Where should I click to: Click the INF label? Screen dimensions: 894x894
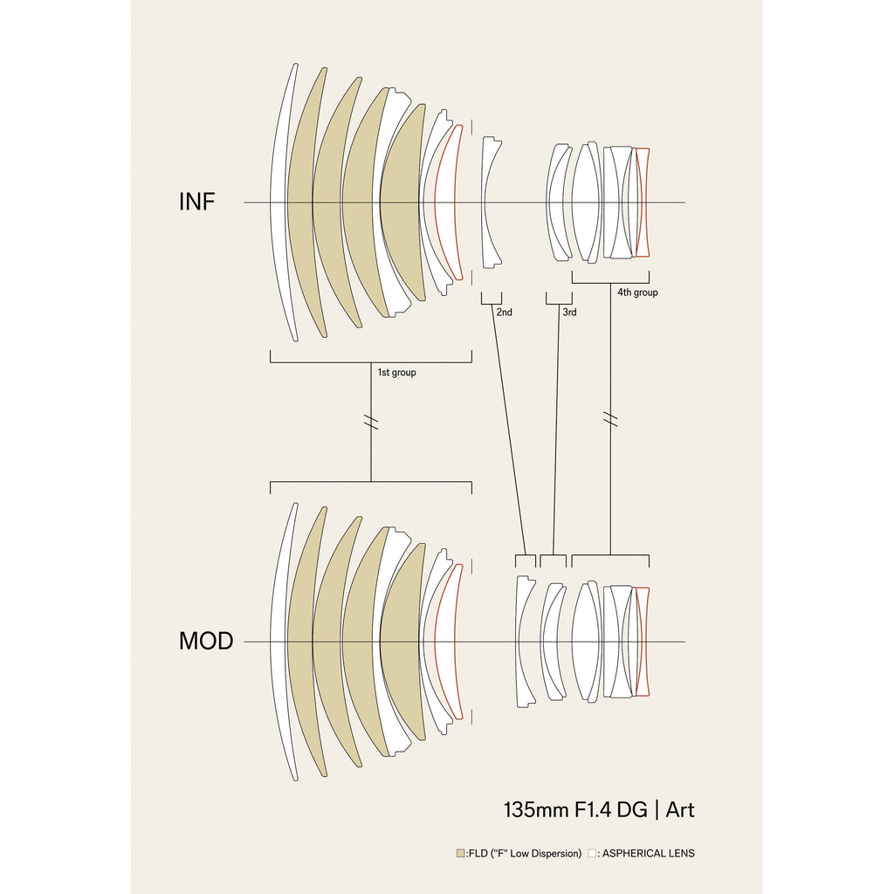coord(197,202)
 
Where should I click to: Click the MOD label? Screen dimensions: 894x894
coord(206,641)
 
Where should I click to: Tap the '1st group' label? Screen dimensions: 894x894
coord(396,373)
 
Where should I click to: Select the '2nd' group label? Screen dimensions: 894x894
coord(504,312)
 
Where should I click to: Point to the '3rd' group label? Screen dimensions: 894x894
coord(568,312)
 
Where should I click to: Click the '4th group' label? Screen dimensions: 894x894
coord(637,292)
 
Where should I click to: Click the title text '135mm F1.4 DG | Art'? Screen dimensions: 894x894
coord(599,809)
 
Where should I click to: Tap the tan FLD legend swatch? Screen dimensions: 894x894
coord(460,853)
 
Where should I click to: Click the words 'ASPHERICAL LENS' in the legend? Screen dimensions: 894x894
coord(648,853)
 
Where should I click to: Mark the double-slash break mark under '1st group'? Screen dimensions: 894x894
coord(371,422)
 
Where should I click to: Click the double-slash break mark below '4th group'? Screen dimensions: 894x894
coord(610,421)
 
